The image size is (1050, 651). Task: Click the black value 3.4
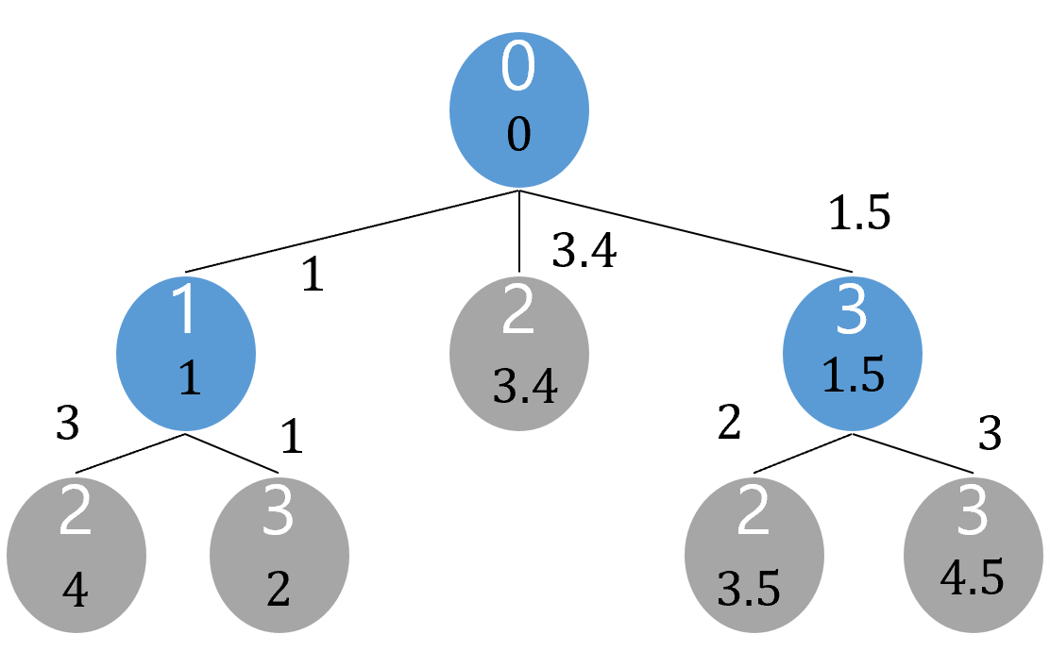tap(525, 388)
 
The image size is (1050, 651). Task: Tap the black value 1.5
tap(853, 376)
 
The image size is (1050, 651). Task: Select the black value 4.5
tap(972, 577)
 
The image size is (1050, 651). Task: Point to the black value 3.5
tap(749, 590)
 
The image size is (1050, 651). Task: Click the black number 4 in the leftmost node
tap(75, 592)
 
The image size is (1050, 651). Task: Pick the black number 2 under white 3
tap(278, 590)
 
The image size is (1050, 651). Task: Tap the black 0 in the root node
tap(518, 136)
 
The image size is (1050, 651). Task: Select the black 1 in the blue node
tap(189, 378)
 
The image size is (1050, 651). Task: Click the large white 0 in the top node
tap(517, 68)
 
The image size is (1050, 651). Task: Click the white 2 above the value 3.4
tap(517, 313)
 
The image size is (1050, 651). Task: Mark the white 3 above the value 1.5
tap(852, 313)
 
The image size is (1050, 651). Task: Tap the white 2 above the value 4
tap(76, 512)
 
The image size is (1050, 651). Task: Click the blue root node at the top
tap(518, 109)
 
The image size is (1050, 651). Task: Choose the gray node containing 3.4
tap(518, 353)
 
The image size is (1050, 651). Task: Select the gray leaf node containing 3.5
tap(754, 555)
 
